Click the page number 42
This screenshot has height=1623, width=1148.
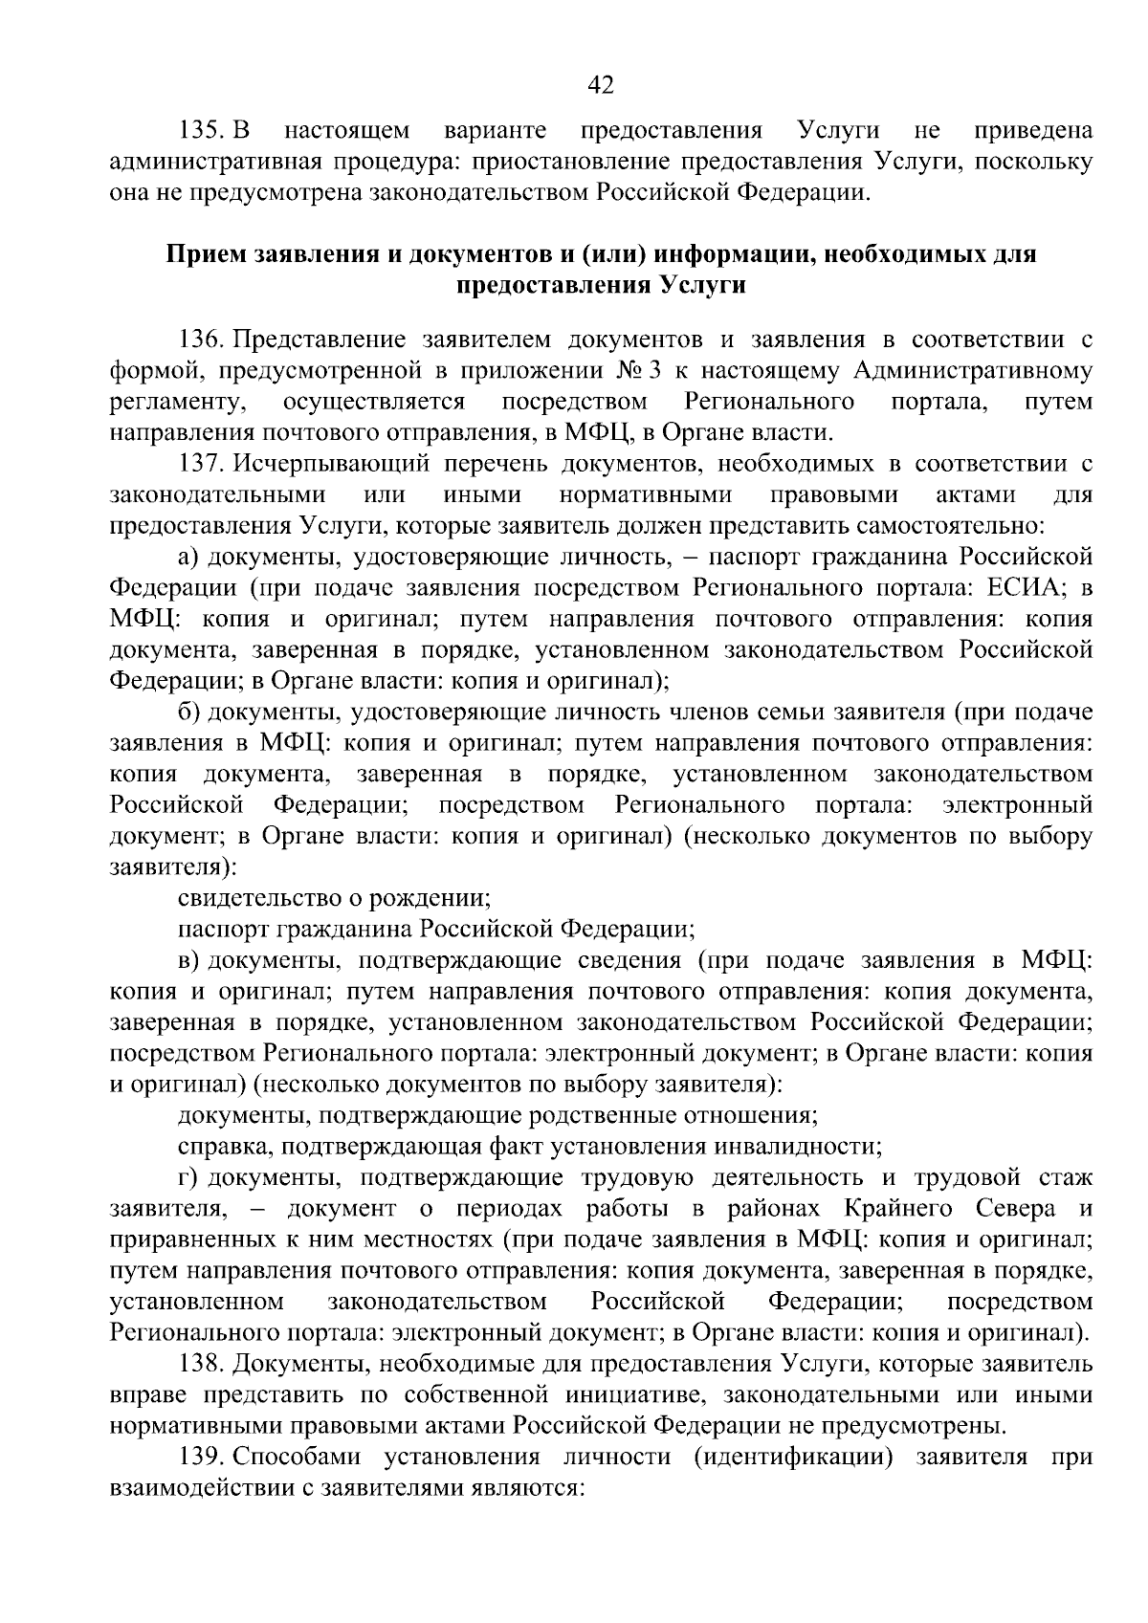(x=600, y=85)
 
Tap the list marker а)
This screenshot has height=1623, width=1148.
(x=188, y=557)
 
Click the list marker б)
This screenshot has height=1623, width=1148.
(x=188, y=713)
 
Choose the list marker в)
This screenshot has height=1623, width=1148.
(x=188, y=960)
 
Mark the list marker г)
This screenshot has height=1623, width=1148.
(x=188, y=1177)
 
